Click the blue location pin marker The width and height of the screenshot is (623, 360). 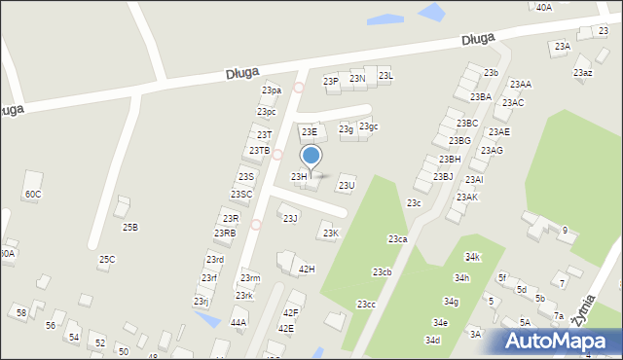pos(311,157)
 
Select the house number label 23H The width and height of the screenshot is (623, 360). pos(299,176)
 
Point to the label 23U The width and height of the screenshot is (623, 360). pos(346,185)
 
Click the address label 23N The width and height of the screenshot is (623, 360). pos(357,78)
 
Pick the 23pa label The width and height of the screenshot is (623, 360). pos(271,90)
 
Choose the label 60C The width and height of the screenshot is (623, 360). pos(32,194)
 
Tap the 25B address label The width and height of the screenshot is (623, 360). pos(129,227)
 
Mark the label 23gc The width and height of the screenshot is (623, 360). pos(368,126)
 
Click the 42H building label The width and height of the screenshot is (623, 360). pos(307,269)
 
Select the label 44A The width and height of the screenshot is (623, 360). pos(238,321)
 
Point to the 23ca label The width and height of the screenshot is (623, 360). pos(397,238)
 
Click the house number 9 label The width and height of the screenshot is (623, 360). pos(565,230)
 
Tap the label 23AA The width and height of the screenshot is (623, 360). pos(520,85)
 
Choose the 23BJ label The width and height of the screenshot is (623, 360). pos(443,176)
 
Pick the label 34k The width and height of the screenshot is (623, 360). pos(472,256)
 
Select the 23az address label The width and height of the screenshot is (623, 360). pos(582,73)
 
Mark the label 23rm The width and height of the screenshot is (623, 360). pos(250,278)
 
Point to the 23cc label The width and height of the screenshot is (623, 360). pos(365,305)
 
